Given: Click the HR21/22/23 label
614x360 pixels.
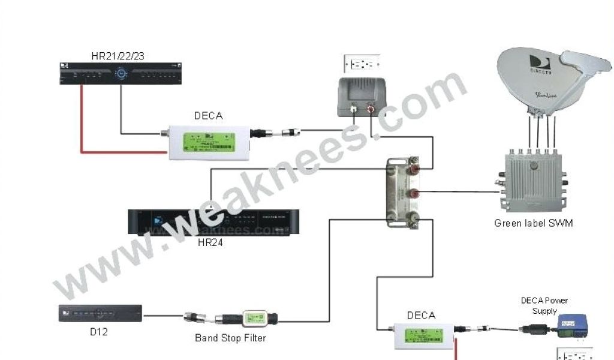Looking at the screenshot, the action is tap(118, 56).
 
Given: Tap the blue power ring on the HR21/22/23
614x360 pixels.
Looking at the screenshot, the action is tap(122, 74).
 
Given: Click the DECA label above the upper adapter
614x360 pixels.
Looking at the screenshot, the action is tap(208, 116).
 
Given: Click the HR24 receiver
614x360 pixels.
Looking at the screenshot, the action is tap(213, 223).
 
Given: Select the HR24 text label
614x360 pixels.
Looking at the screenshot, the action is tap(210, 243).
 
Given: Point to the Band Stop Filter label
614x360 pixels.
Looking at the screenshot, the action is tap(230, 338).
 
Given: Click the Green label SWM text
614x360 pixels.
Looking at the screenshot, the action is tap(533, 223).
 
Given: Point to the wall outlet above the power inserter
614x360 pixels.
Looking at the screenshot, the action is tap(362, 63).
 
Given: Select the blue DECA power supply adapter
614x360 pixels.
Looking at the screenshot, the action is tap(572, 326).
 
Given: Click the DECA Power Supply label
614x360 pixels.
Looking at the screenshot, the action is tap(544, 305).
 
